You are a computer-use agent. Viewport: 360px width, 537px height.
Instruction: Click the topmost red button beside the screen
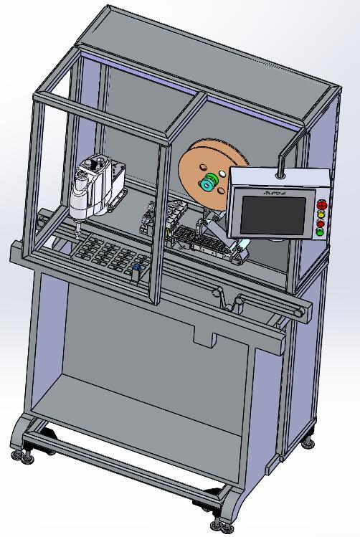point(321,204)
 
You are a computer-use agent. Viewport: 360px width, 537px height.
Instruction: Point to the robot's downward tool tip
point(75,231)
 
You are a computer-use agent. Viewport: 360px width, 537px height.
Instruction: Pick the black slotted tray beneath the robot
point(108,255)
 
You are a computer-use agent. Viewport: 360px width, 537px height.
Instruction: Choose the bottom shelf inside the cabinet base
point(136,423)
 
